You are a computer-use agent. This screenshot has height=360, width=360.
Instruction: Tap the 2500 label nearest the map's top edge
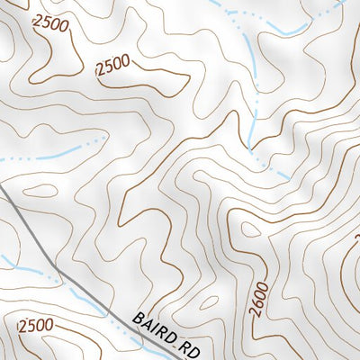(x=49, y=25)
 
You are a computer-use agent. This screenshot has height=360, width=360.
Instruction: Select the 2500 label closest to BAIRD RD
(x=35, y=324)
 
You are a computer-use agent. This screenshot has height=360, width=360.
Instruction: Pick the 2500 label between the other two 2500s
(x=112, y=65)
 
